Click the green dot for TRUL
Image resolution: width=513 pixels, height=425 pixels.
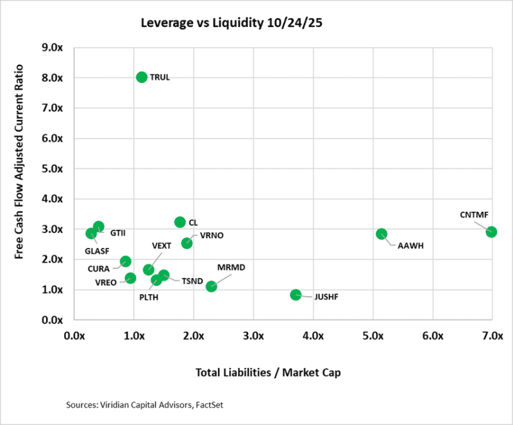(142, 77)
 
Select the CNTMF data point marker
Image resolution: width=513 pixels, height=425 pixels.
(491, 231)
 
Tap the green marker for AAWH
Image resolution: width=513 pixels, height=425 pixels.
(382, 234)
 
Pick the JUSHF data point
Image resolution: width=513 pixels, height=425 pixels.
(296, 295)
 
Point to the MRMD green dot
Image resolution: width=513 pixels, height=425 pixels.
(211, 286)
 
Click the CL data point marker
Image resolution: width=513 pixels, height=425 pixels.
(180, 222)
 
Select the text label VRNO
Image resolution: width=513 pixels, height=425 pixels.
(212, 236)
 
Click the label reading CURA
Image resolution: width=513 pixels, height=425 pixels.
(98, 269)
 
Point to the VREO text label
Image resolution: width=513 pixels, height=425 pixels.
(106, 282)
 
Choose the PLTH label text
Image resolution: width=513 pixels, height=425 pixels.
(149, 297)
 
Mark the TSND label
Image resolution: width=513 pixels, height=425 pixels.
(192, 281)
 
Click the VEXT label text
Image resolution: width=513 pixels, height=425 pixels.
(162, 246)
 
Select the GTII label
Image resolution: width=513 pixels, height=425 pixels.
(117, 232)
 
